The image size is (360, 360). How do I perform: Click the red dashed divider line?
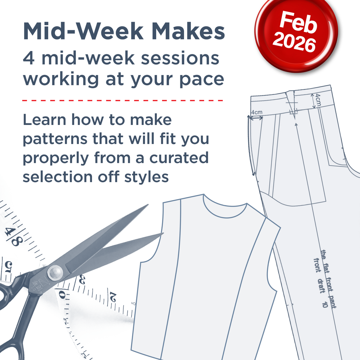click(x=123, y=101)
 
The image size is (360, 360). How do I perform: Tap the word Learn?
click(x=42, y=120)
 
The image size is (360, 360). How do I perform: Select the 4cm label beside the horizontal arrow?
click(x=257, y=112)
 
